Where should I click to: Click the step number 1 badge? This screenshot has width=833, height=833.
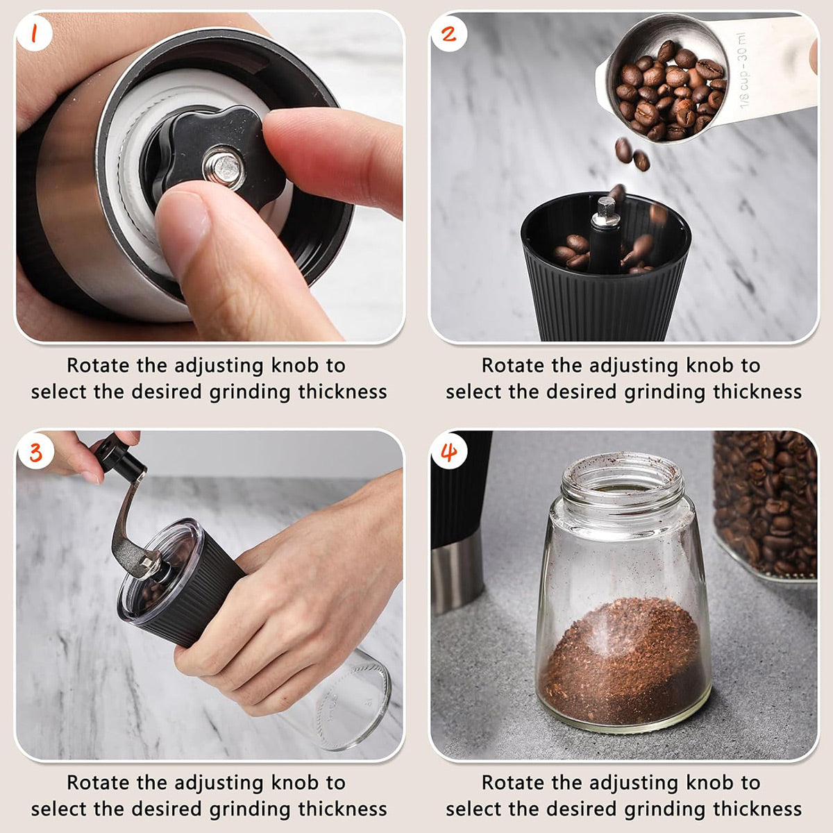click(35, 33)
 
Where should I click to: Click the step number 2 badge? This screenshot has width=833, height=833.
click(450, 33)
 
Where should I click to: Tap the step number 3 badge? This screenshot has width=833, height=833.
click(36, 452)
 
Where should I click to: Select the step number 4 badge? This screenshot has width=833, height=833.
click(449, 452)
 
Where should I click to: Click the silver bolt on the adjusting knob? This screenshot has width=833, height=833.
click(224, 167)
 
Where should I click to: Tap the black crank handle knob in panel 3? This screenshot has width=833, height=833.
click(119, 457)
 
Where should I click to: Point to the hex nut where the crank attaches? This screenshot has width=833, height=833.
click(147, 562)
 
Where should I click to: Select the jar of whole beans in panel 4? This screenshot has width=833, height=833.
click(765, 506)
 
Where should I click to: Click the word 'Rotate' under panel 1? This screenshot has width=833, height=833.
click(98, 366)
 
